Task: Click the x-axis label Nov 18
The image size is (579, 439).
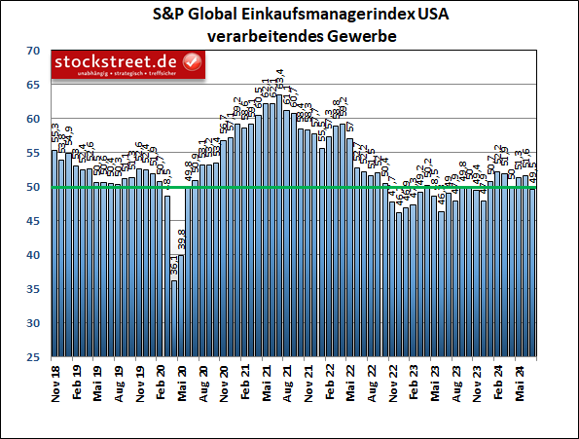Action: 55,384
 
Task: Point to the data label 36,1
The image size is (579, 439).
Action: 173,265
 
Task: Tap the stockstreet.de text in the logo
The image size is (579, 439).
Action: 116,62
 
